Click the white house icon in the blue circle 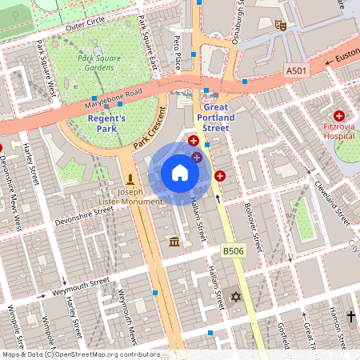click(180, 173)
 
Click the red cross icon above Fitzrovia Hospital click(338, 116)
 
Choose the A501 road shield click(297, 72)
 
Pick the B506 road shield click(233, 252)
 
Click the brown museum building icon click(174, 242)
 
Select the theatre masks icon click(281, 25)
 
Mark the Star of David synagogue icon click(235, 298)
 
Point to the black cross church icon click(350, 317)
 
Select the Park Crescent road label click(149, 129)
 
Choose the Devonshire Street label click(84, 216)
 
